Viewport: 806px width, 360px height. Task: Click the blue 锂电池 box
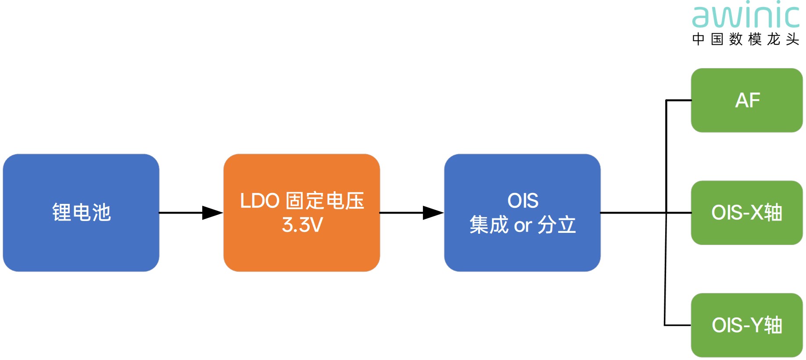[81, 213]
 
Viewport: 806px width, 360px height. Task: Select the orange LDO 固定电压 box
[301, 213]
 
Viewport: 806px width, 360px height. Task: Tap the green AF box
[746, 100]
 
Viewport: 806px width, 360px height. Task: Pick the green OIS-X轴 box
[746, 213]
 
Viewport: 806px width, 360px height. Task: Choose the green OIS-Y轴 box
[746, 325]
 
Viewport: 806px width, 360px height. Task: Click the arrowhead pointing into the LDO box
[212, 213]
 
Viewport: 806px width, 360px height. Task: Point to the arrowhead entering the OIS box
[433, 213]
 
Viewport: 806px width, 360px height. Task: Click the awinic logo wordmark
[745, 17]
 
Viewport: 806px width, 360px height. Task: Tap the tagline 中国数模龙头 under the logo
[745, 39]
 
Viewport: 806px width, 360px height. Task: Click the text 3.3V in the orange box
[302, 225]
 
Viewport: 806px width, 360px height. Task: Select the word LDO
[260, 201]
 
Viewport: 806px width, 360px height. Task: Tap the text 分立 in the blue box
[557, 225]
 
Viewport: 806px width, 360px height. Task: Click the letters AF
[747, 100]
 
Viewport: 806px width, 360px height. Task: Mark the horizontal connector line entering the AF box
[678, 100]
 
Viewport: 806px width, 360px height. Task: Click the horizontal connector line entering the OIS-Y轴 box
[678, 325]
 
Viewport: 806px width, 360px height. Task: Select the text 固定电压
[325, 201]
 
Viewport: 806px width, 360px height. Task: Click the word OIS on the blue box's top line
[523, 201]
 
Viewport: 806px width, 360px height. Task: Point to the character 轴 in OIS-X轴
[773, 213]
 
